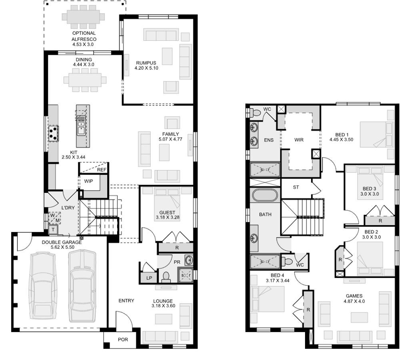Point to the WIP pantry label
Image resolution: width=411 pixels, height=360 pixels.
tap(88, 181)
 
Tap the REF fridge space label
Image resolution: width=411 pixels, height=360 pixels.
tap(102, 170)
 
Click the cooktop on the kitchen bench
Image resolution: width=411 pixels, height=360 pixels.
tap(53, 133)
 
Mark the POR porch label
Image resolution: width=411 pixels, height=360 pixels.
tap(123, 340)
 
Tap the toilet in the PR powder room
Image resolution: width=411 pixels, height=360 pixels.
tap(165, 277)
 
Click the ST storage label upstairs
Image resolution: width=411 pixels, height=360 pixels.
tap(296, 187)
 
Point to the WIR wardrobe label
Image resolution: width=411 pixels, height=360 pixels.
tap(299, 140)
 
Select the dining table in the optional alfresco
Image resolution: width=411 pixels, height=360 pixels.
tap(84, 18)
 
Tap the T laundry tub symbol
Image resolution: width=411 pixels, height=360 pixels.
tap(52, 230)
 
